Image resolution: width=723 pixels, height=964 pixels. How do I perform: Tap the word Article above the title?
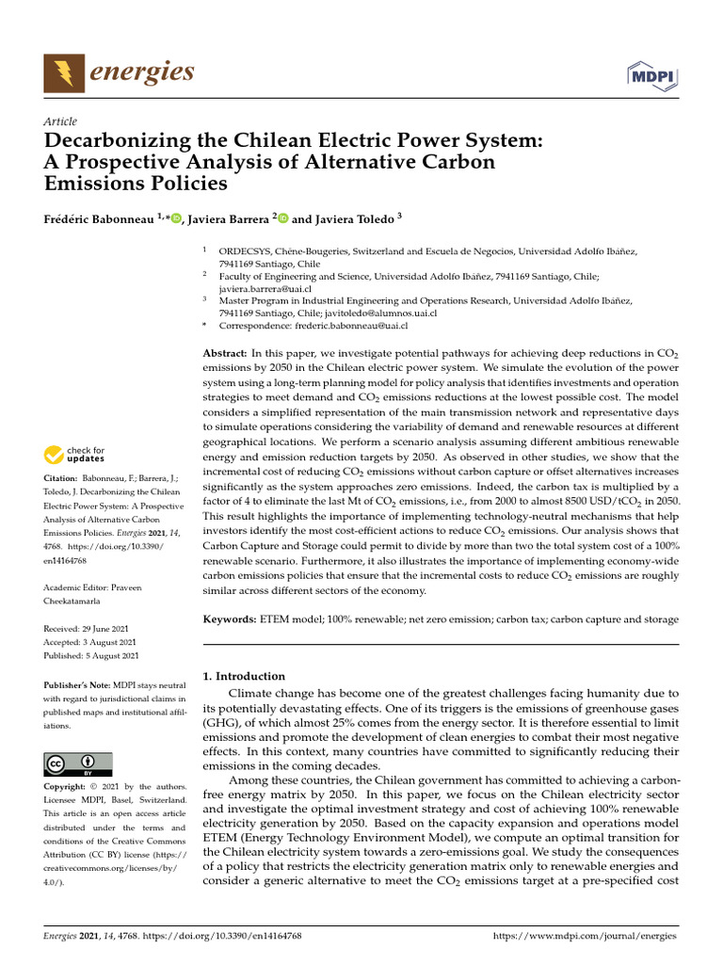click(x=60, y=121)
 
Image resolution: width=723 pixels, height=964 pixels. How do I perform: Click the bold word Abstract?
click(x=226, y=351)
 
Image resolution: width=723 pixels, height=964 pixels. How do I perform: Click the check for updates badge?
click(x=74, y=455)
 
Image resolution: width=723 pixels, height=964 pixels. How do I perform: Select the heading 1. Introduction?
click(x=244, y=675)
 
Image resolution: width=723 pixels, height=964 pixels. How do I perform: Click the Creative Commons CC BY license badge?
click(x=78, y=763)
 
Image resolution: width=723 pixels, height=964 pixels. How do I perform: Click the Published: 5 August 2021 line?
click(x=91, y=655)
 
